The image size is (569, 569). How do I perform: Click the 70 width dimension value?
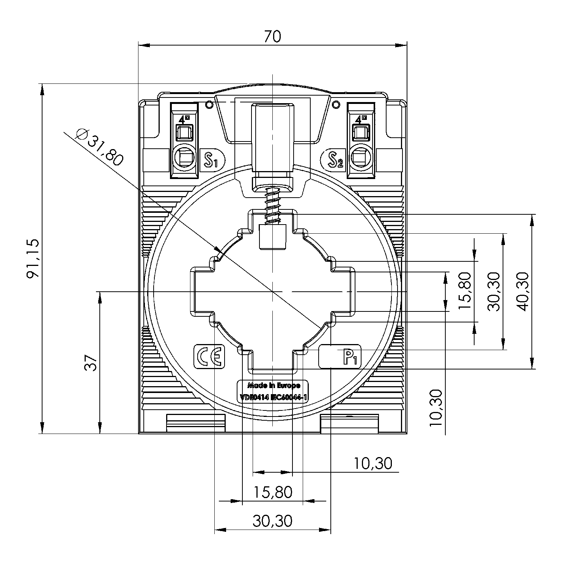272,36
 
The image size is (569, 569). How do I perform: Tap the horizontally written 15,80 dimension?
272,492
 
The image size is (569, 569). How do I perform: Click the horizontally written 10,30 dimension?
373,463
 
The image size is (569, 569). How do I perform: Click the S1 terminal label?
211,160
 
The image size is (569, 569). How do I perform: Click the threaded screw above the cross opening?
272,205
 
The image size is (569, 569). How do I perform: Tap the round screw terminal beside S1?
184,157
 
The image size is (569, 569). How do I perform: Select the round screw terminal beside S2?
361,157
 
